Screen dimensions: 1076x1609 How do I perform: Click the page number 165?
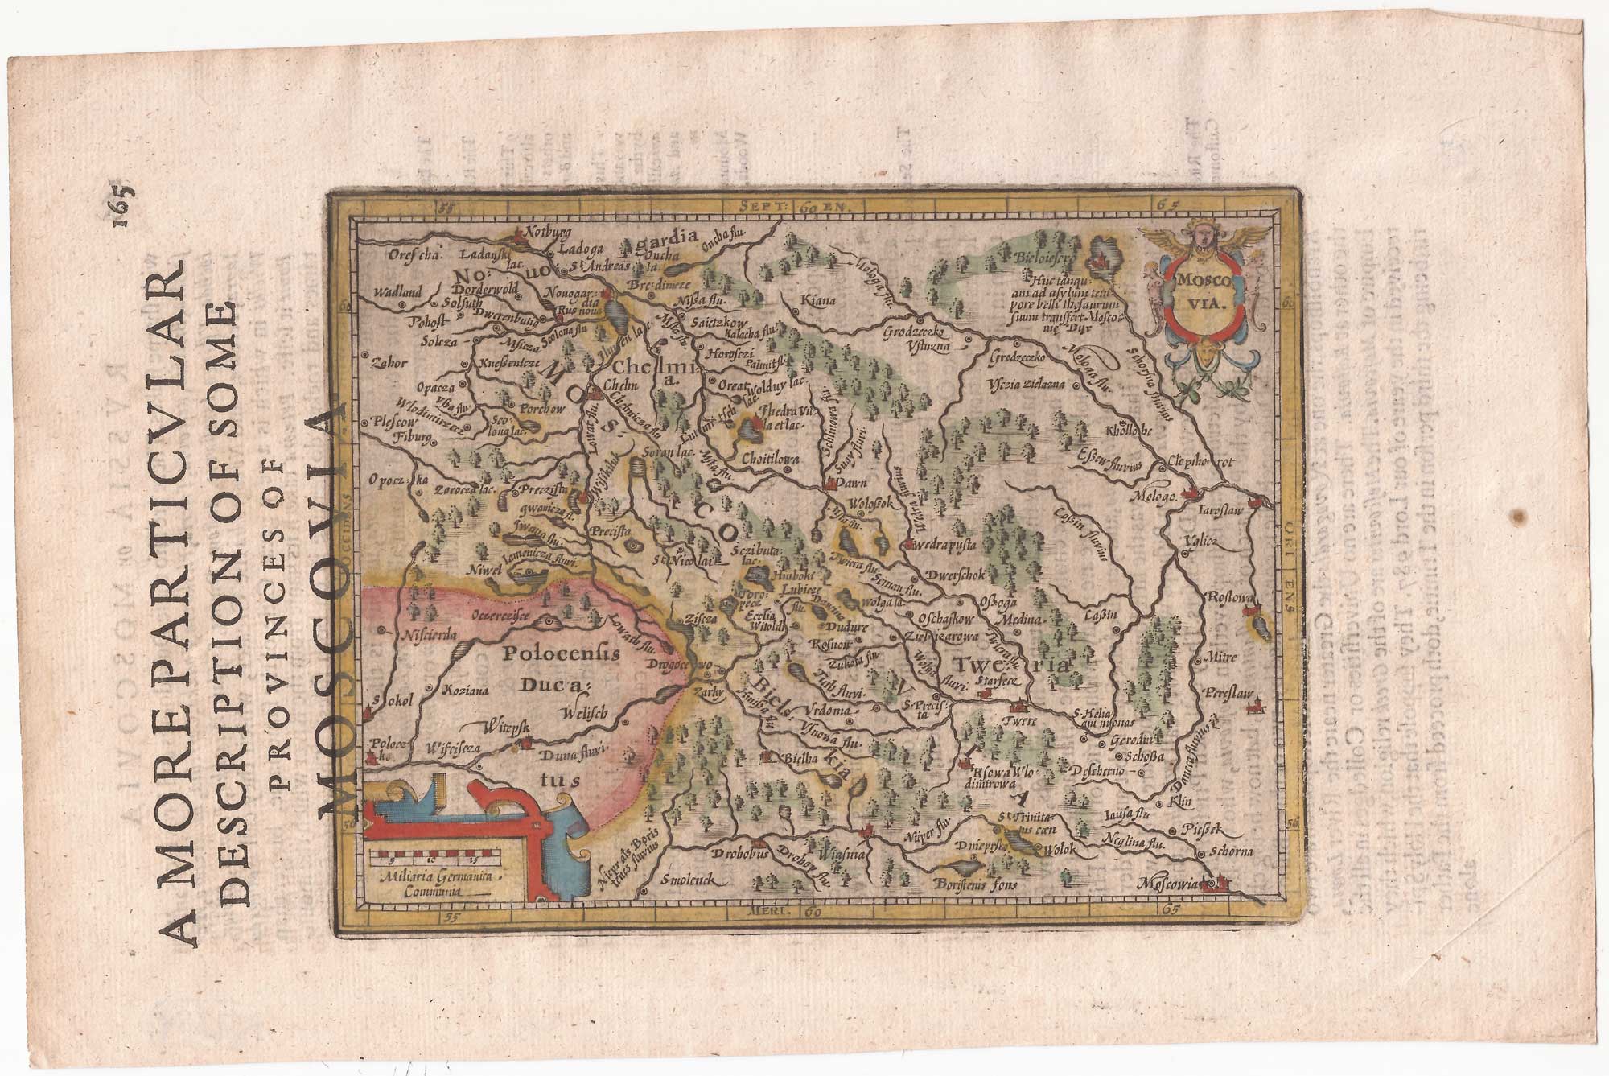click(x=126, y=205)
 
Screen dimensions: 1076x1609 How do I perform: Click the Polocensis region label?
click(x=561, y=653)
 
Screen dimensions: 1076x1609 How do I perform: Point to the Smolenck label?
click(x=683, y=880)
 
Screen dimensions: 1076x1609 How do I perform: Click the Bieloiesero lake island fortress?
click(x=1099, y=259)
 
